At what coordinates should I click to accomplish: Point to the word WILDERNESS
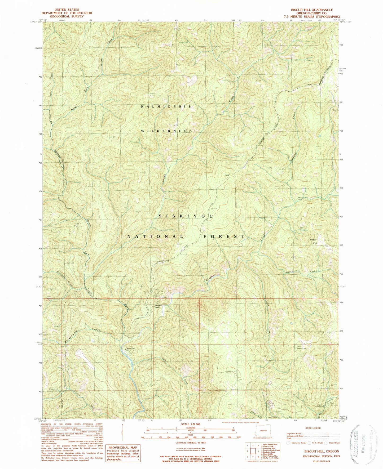166,131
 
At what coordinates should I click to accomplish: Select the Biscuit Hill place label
313,241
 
